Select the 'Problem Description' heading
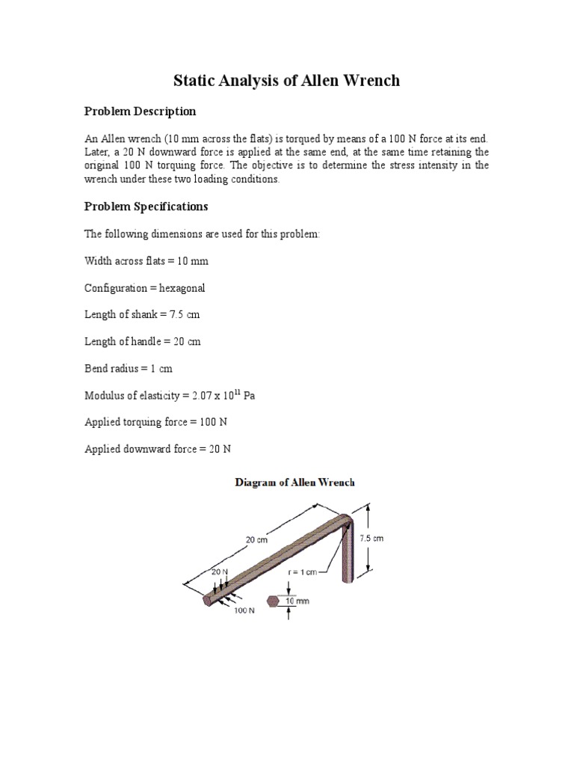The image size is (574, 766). point(140,111)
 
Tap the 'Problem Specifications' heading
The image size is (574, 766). point(146,206)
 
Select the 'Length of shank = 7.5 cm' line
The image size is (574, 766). point(142,314)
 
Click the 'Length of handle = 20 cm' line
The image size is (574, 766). point(142,341)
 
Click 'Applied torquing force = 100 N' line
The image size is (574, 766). point(155,422)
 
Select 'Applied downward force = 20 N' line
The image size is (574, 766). point(158,449)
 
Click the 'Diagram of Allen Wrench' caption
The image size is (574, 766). point(294,482)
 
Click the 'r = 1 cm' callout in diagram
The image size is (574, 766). point(303,572)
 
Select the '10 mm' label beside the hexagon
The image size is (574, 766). point(298,601)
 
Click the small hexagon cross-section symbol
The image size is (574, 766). point(273,601)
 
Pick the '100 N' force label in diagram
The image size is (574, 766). point(245,610)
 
